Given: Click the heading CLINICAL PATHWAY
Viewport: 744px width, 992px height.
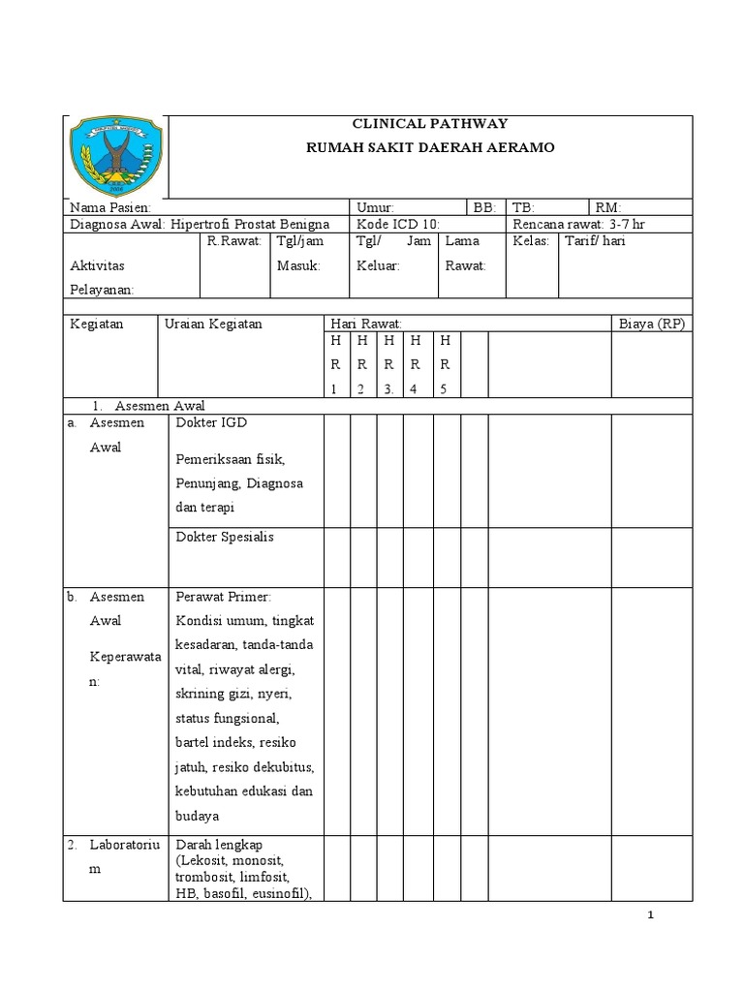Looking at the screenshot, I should click(426, 124).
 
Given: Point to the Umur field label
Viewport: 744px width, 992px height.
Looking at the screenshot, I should click(375, 207).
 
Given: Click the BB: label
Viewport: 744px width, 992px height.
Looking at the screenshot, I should click(484, 207).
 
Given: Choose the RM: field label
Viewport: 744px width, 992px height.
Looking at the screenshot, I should click(609, 207).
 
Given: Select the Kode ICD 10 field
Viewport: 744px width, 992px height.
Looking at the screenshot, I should click(398, 224).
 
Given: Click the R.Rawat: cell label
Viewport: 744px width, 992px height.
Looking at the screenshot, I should click(234, 241).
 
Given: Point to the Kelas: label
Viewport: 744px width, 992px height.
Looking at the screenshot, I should click(531, 241).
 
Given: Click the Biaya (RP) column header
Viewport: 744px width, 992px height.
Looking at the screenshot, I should click(651, 324).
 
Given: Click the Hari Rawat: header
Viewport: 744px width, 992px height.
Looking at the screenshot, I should click(365, 324).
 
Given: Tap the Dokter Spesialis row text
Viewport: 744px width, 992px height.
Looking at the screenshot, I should click(225, 537).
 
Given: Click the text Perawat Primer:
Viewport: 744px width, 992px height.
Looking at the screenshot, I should click(223, 598).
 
